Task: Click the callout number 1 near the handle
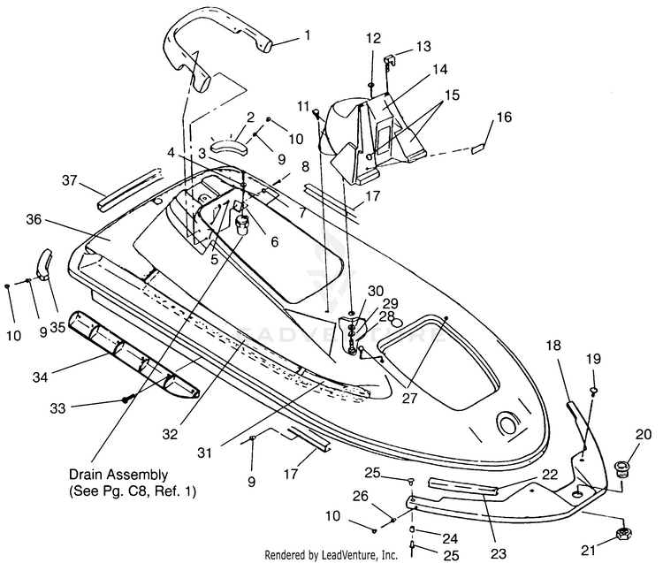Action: [x=307, y=35]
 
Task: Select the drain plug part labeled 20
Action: [x=621, y=468]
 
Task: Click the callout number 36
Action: [x=34, y=220]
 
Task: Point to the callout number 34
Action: [x=41, y=377]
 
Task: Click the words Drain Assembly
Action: [x=118, y=475]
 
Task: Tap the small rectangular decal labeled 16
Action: [x=478, y=148]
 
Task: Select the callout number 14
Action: [x=439, y=69]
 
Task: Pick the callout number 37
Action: [x=70, y=180]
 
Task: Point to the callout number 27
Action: [x=409, y=398]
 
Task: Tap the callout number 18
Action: [x=553, y=346]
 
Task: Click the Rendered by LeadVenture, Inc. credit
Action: [x=331, y=553]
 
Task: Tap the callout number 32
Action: [x=170, y=434]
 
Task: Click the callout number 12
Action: [x=373, y=39]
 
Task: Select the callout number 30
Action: [x=376, y=291]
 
